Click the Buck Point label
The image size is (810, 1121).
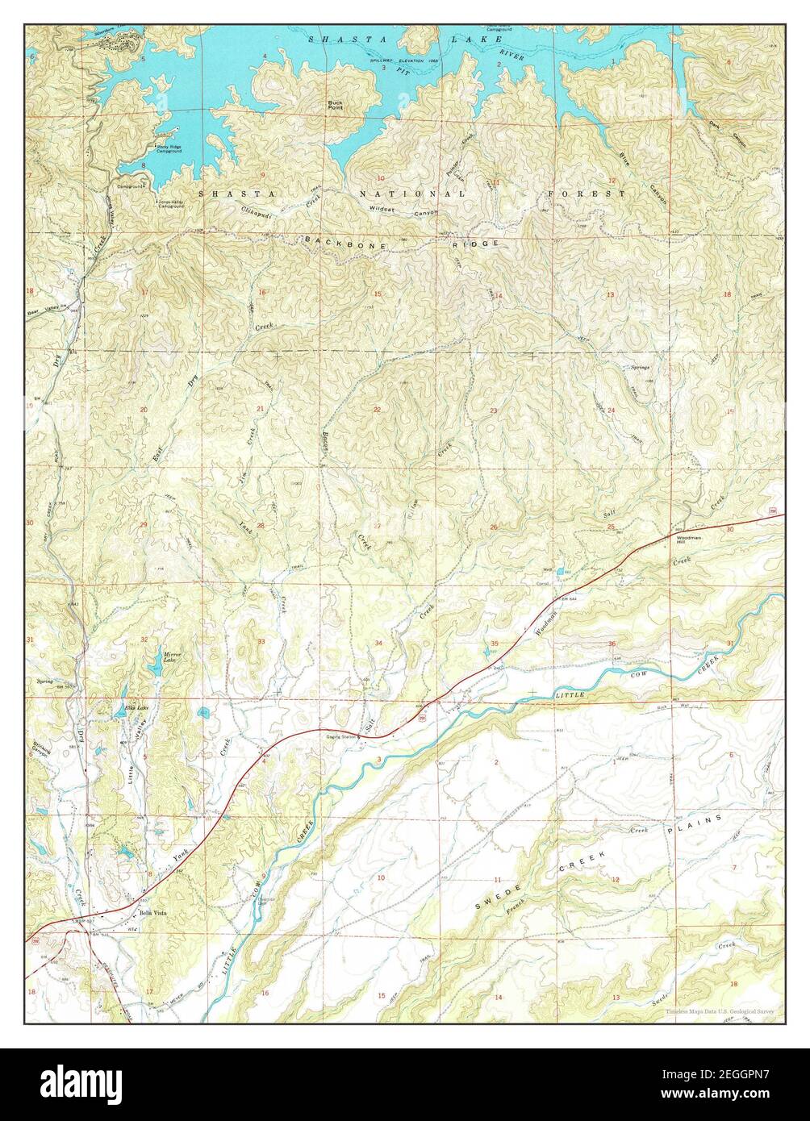[335, 105]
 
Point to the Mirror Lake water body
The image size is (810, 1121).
[153, 668]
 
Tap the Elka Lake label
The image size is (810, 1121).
[136, 707]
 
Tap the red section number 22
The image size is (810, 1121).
[377, 410]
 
